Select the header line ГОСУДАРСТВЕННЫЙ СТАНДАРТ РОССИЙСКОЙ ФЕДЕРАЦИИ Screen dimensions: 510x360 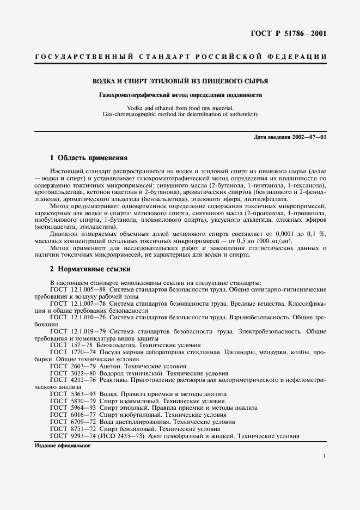point(180,57)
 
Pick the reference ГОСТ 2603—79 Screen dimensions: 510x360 point(73,366)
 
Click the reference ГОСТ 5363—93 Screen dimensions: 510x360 point(73,394)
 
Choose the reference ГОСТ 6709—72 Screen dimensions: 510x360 point(73,422)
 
